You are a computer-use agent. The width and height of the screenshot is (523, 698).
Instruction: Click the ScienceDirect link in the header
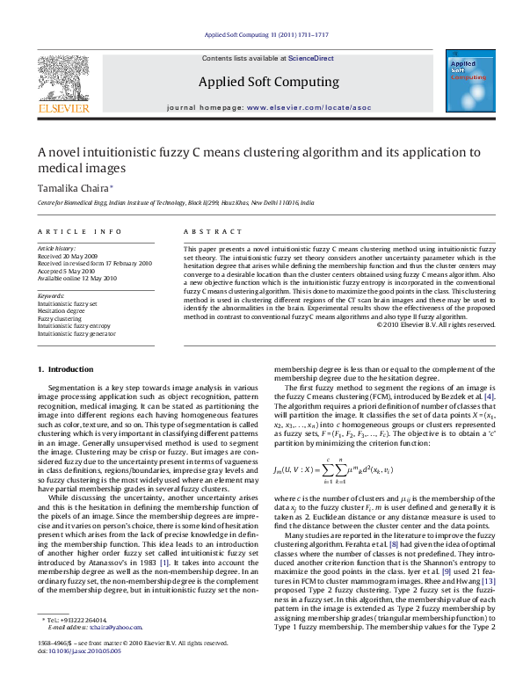[x=311, y=57]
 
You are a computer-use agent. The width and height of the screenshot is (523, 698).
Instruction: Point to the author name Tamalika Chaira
[x=74, y=188]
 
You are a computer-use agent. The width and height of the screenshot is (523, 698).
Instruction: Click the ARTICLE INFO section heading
[x=79, y=231]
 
